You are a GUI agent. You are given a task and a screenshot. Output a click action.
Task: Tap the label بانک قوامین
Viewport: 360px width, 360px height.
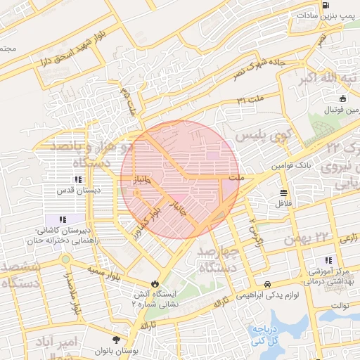coord(288,166)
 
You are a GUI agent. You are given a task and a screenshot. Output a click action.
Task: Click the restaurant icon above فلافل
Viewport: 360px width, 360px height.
coord(283,193)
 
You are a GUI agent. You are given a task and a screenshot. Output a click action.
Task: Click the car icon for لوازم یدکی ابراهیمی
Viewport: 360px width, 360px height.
coord(268,283)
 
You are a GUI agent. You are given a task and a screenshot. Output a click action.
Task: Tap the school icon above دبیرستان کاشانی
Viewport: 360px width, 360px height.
coord(62,219)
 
